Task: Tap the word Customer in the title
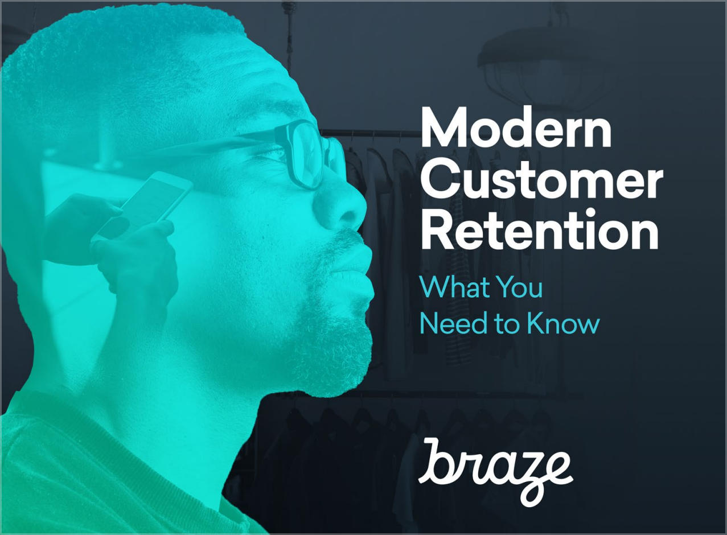[x=541, y=182]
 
